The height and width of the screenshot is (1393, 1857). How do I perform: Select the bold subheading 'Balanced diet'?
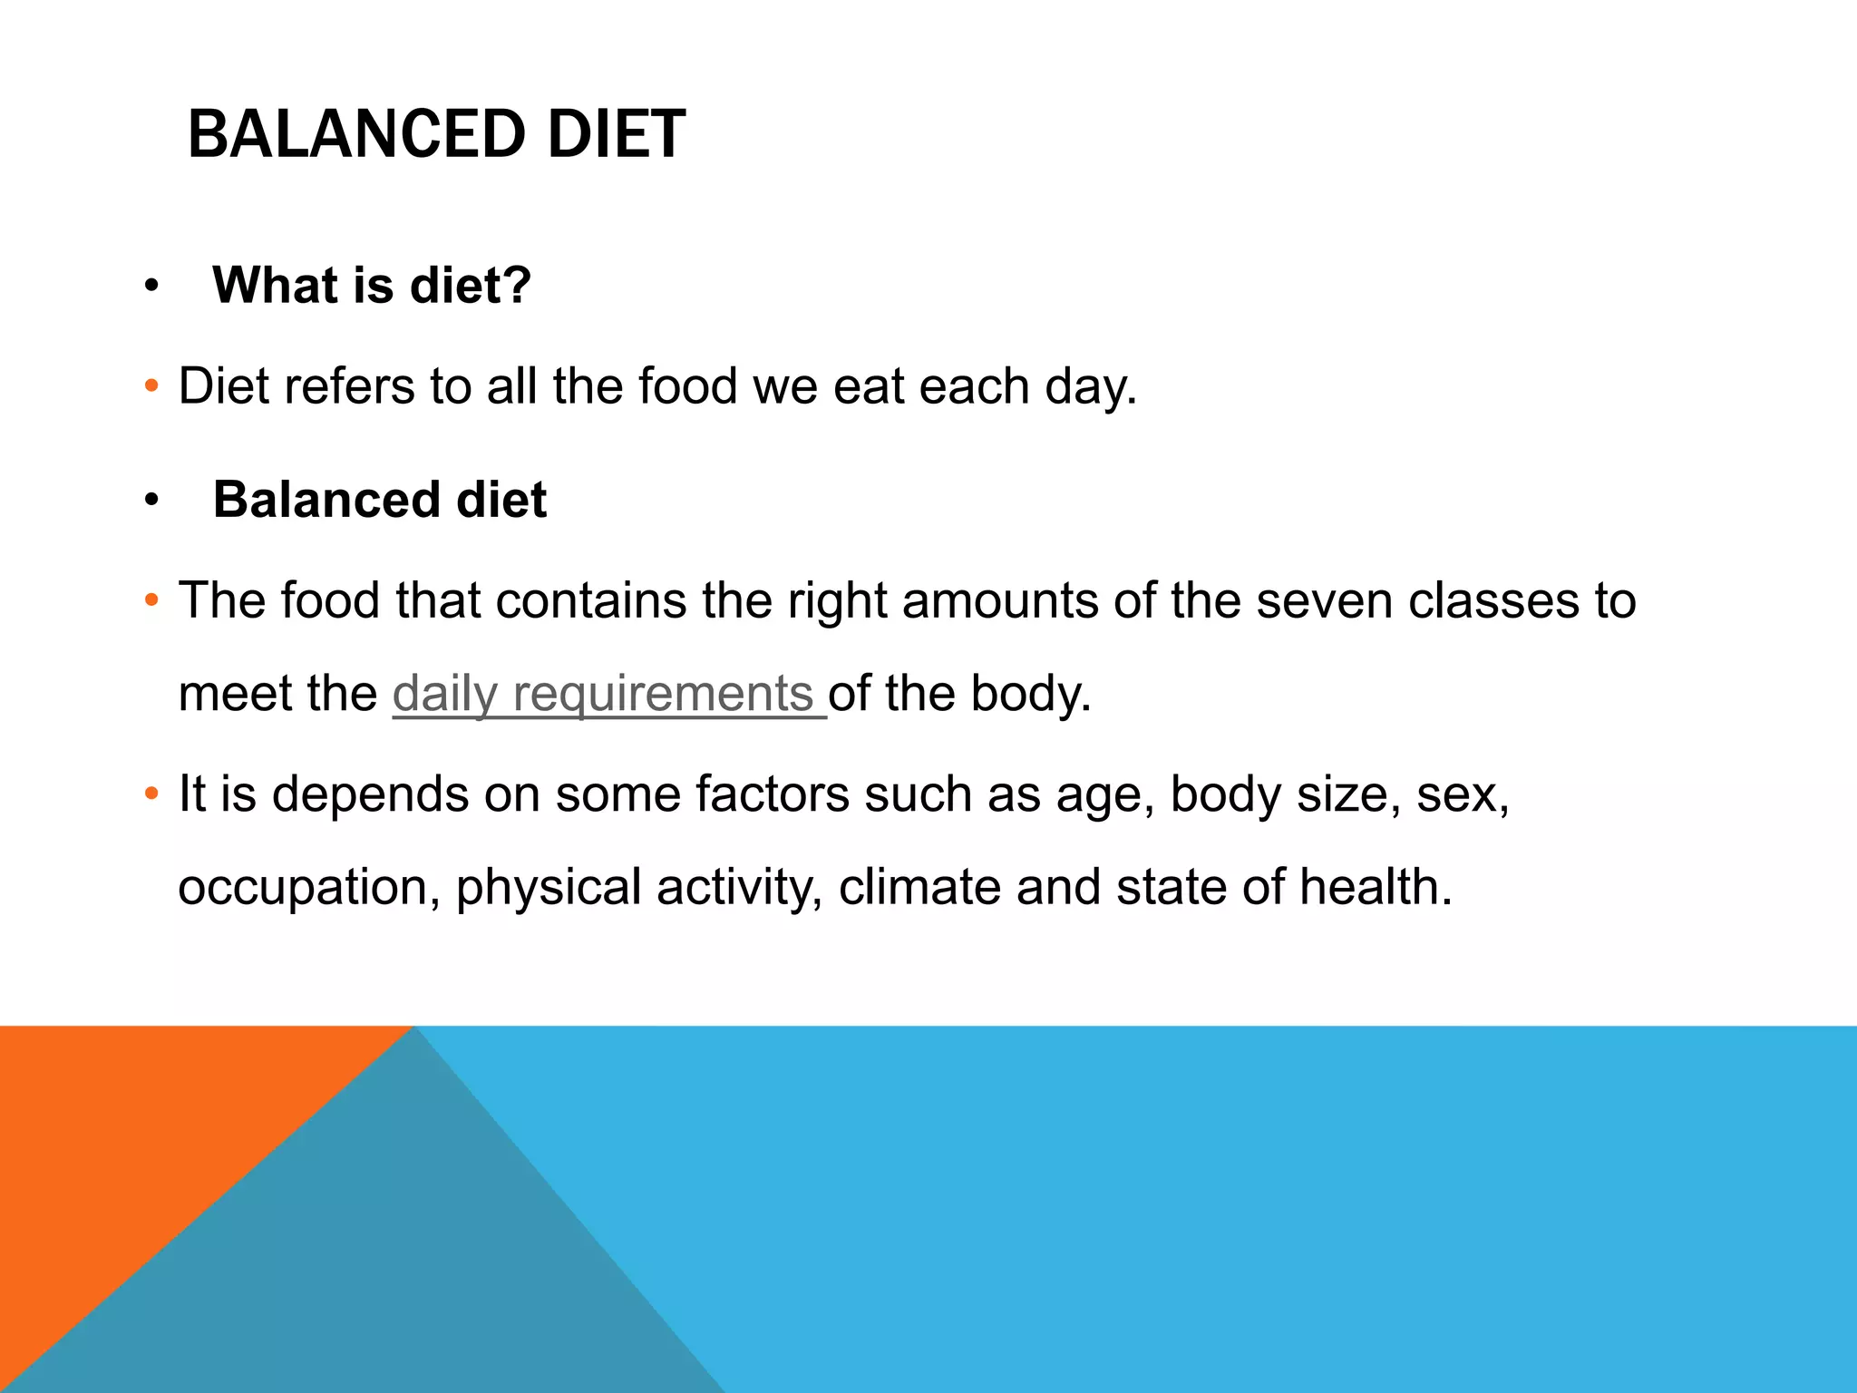tap(380, 500)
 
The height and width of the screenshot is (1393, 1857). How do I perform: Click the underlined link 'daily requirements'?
tap(603, 694)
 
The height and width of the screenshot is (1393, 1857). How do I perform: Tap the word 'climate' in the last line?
tap(919, 887)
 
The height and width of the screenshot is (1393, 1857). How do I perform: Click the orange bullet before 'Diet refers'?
tap(151, 386)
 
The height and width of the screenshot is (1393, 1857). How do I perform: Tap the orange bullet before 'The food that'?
tap(151, 600)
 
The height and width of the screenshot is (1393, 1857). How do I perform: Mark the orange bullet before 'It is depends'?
tap(151, 794)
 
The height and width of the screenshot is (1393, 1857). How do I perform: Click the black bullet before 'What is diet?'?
tap(151, 287)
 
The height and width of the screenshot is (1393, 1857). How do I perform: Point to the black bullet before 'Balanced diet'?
tap(151, 501)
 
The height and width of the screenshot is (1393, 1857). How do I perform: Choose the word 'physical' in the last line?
tap(549, 887)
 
